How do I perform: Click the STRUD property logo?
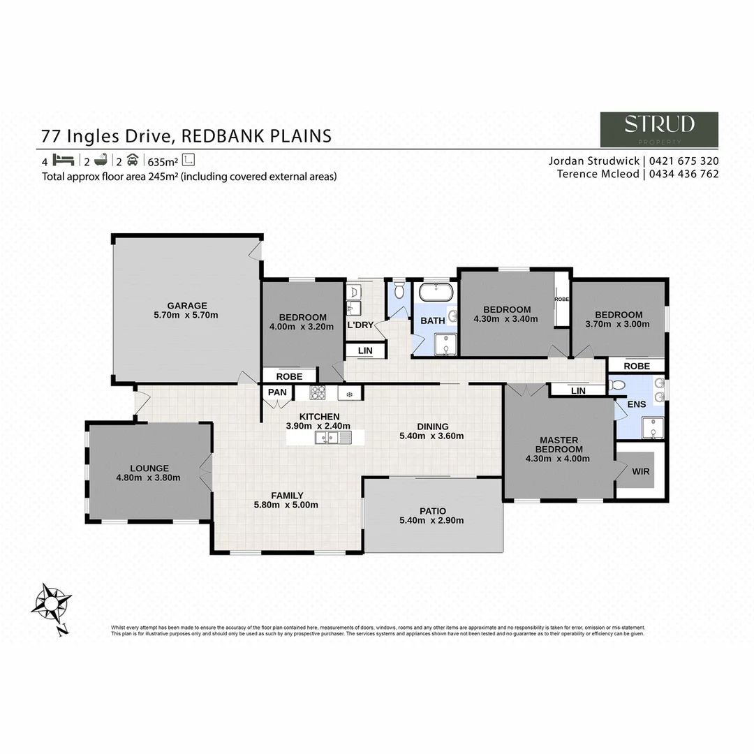[x=659, y=129]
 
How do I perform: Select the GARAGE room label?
[x=186, y=305]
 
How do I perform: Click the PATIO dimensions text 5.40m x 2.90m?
[x=431, y=520]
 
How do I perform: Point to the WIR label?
[x=640, y=471]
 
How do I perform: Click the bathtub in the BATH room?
[x=436, y=291]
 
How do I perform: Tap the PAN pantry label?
[x=277, y=393]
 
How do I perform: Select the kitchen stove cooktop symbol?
[x=318, y=393]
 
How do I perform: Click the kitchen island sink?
[x=326, y=438]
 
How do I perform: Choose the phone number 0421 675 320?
[x=683, y=161]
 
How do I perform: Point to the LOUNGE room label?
[x=149, y=468]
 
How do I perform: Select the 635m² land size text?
[x=162, y=160]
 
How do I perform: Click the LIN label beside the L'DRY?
[x=364, y=350]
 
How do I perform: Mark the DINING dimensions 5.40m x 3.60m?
[x=431, y=436]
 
